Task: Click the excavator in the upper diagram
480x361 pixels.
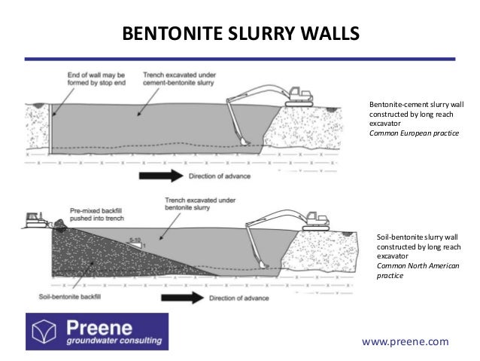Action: [298, 95]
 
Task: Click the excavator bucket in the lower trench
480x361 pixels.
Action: [263, 264]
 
